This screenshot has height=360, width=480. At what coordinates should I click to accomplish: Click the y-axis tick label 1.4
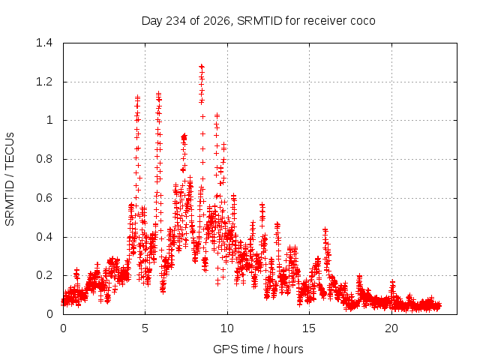(x=44, y=43)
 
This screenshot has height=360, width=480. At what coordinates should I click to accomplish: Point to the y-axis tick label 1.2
(x=44, y=82)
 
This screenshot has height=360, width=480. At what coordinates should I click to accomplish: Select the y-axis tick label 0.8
(x=44, y=159)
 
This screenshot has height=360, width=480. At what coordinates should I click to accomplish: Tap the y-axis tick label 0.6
(x=44, y=198)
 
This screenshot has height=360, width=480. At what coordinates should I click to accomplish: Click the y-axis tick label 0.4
(x=44, y=237)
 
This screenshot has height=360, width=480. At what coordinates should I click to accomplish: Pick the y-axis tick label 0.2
(x=44, y=275)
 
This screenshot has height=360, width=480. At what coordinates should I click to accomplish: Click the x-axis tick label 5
(x=145, y=328)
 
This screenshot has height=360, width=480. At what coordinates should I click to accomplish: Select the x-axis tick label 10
(x=226, y=328)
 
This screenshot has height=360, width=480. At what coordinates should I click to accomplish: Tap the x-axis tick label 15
(x=309, y=328)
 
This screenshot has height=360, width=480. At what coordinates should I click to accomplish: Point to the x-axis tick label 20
(x=391, y=328)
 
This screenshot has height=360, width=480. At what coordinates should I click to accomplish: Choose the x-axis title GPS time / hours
(x=258, y=349)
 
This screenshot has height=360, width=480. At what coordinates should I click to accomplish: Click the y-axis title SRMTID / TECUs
(x=10, y=179)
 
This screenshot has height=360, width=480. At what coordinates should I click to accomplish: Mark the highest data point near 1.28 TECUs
(x=202, y=67)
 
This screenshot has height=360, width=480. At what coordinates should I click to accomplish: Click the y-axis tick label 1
(x=49, y=120)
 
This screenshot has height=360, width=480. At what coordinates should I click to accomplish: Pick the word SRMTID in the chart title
(x=259, y=21)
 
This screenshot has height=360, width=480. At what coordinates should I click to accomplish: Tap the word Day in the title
(x=151, y=21)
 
